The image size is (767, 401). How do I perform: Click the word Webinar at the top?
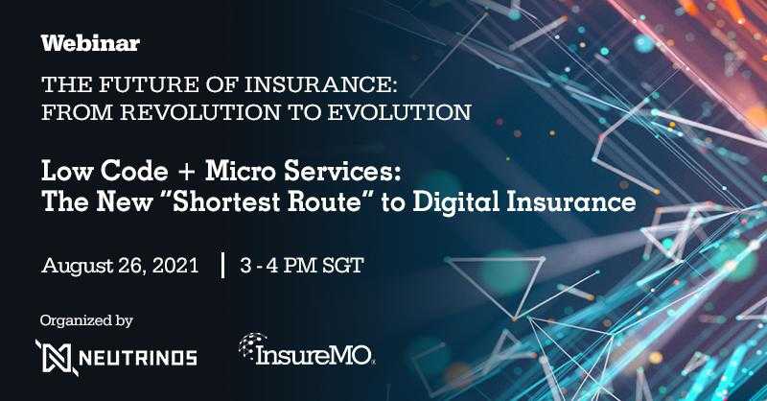(x=90, y=43)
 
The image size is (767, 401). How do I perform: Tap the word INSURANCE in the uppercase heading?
(x=320, y=84)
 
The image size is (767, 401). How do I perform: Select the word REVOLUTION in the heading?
(x=200, y=112)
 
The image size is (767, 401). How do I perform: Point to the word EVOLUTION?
(x=399, y=112)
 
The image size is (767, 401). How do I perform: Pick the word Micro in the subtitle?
(x=241, y=172)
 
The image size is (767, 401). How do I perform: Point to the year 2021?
(x=175, y=266)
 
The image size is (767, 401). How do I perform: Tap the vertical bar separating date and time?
(x=223, y=265)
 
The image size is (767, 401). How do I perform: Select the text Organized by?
(x=86, y=321)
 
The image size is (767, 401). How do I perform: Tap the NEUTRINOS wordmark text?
(x=138, y=358)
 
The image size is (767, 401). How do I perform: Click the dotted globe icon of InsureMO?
(x=251, y=345)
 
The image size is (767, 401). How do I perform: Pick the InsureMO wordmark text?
(x=314, y=355)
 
